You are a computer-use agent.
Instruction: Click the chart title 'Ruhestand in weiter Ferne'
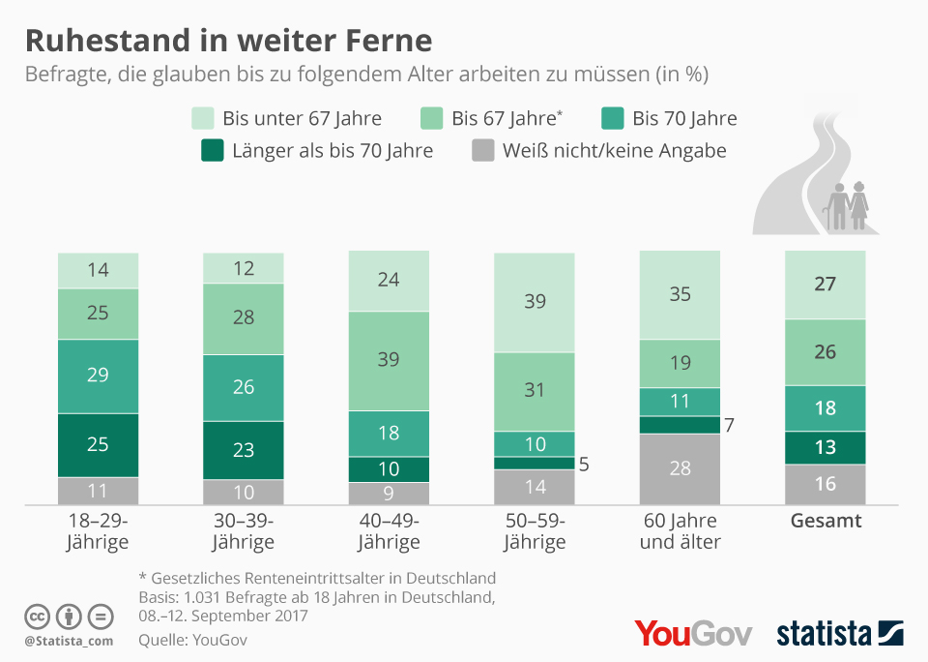click(x=228, y=40)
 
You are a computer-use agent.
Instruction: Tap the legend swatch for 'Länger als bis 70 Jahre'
click(x=212, y=150)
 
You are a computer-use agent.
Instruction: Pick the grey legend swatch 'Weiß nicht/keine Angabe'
click(x=482, y=150)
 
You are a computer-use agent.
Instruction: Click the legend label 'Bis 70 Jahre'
click(x=684, y=118)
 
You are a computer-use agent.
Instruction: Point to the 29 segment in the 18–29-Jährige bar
click(x=98, y=376)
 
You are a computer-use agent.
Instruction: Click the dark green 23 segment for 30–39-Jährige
click(x=244, y=449)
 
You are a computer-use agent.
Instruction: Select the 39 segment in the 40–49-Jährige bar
click(x=389, y=360)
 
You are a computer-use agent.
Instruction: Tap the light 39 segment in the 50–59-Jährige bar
click(x=535, y=302)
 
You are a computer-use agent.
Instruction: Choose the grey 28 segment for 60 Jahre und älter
click(x=681, y=468)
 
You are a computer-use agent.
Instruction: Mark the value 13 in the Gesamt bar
click(x=826, y=446)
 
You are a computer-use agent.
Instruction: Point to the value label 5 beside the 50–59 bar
click(x=584, y=464)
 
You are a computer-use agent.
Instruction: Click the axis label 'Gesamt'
click(x=826, y=521)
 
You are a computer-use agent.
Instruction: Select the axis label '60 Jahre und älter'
click(x=681, y=530)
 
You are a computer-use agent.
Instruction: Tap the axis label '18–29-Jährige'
click(x=98, y=530)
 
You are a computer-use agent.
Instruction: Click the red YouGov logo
click(x=693, y=633)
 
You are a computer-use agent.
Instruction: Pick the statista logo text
click(x=824, y=634)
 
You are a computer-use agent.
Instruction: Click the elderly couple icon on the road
click(x=847, y=206)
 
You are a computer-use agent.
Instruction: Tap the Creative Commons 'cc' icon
click(x=37, y=616)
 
